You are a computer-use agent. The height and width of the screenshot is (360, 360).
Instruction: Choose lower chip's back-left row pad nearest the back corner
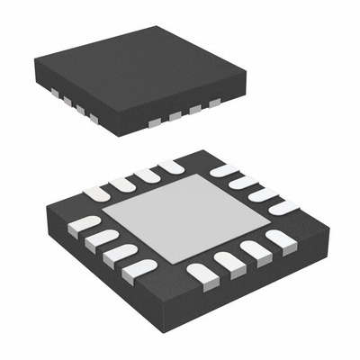(169, 166)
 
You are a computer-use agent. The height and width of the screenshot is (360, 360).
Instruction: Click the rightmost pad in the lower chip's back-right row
(284, 207)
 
